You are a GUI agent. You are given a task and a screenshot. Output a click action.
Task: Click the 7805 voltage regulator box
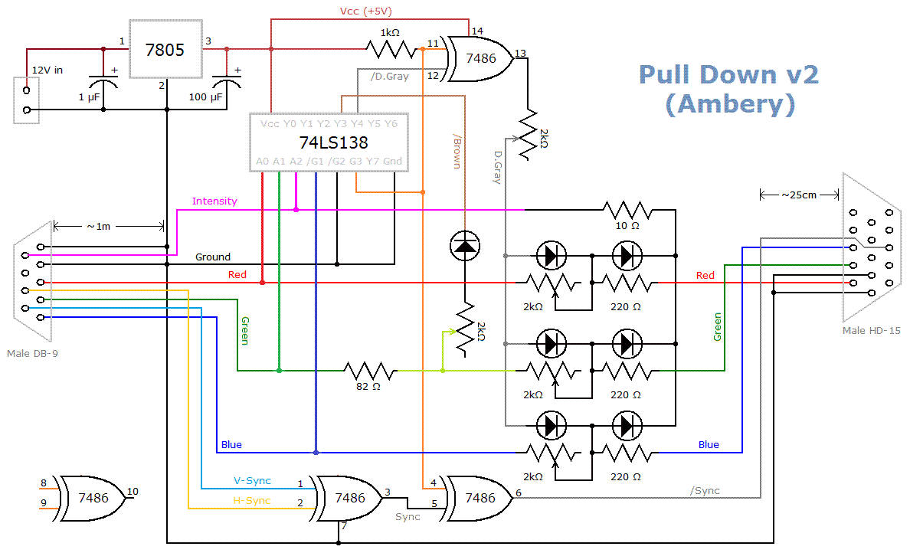point(165,50)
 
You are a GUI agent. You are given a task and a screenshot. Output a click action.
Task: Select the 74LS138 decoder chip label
point(333,142)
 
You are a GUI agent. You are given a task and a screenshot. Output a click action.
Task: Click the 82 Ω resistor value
point(368,387)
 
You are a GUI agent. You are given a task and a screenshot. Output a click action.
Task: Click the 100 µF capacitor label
point(206,97)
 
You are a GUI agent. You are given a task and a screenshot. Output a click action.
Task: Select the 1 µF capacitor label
point(89,97)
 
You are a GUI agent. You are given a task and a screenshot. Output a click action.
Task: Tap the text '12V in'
point(47,70)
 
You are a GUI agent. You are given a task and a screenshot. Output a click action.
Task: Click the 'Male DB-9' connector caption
point(32,353)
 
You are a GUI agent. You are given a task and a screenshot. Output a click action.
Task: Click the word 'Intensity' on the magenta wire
point(214,201)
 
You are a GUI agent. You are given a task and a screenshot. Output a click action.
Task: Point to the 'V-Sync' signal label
point(252,481)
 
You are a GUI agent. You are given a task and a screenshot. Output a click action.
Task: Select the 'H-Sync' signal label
point(252,501)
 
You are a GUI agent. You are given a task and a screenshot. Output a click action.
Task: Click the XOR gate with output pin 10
point(92,497)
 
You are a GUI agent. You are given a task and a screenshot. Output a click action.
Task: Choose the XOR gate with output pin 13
point(482,57)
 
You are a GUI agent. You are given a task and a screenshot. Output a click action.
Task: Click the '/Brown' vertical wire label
point(457,153)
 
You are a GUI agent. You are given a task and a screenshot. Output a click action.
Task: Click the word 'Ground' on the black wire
point(213,257)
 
